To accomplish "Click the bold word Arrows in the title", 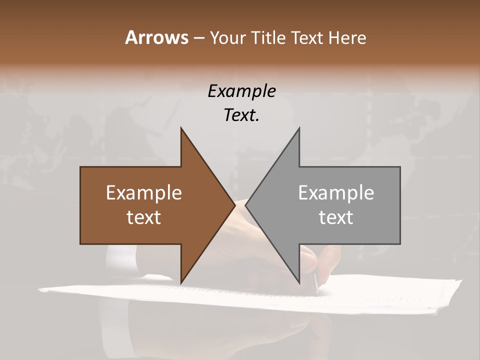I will point(156,37).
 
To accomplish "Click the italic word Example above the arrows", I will point(241,91).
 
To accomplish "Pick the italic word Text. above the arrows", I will point(241,115).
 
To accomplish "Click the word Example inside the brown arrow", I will point(144,192).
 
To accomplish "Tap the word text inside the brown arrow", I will point(144,217).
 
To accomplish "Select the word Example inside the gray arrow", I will point(336,192).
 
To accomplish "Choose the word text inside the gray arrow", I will point(336,217).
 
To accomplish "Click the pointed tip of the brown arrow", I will point(234,205).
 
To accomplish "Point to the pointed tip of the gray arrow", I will point(246,205).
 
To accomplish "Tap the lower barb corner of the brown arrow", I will point(181,282).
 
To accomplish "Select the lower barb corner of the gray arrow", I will point(299,282).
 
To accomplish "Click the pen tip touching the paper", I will point(316,291).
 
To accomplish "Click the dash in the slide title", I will point(198,38).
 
